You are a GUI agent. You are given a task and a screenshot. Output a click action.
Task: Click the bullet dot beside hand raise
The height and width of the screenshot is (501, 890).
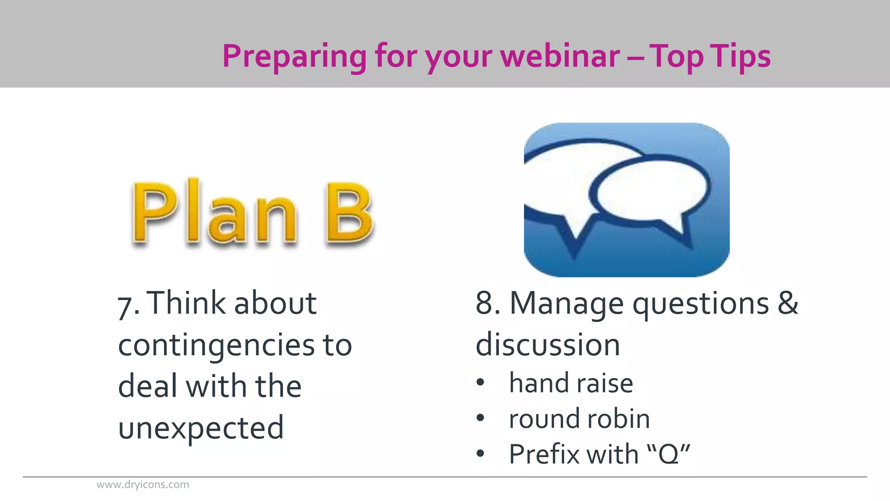(x=480, y=382)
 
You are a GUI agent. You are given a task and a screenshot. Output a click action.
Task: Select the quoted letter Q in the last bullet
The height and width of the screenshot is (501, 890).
(x=668, y=455)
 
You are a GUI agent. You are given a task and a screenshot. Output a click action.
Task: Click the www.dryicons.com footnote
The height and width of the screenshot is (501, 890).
(x=143, y=484)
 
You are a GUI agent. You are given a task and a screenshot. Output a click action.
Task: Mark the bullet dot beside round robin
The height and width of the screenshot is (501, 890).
(x=480, y=418)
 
